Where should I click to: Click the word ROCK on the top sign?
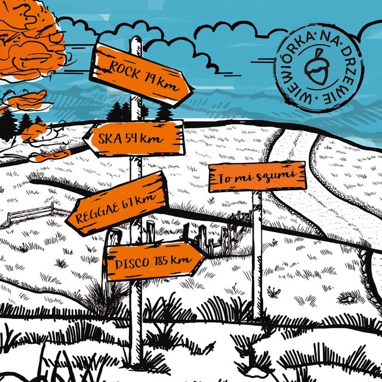[x=125, y=70]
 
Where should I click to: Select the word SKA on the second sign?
[x=110, y=138]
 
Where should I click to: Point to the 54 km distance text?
[x=144, y=138]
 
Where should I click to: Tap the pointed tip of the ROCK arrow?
[x=194, y=88]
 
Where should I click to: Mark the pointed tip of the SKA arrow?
[x=83, y=138]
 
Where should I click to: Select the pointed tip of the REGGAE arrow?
[x=66, y=220]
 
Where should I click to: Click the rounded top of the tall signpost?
[x=136, y=38]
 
